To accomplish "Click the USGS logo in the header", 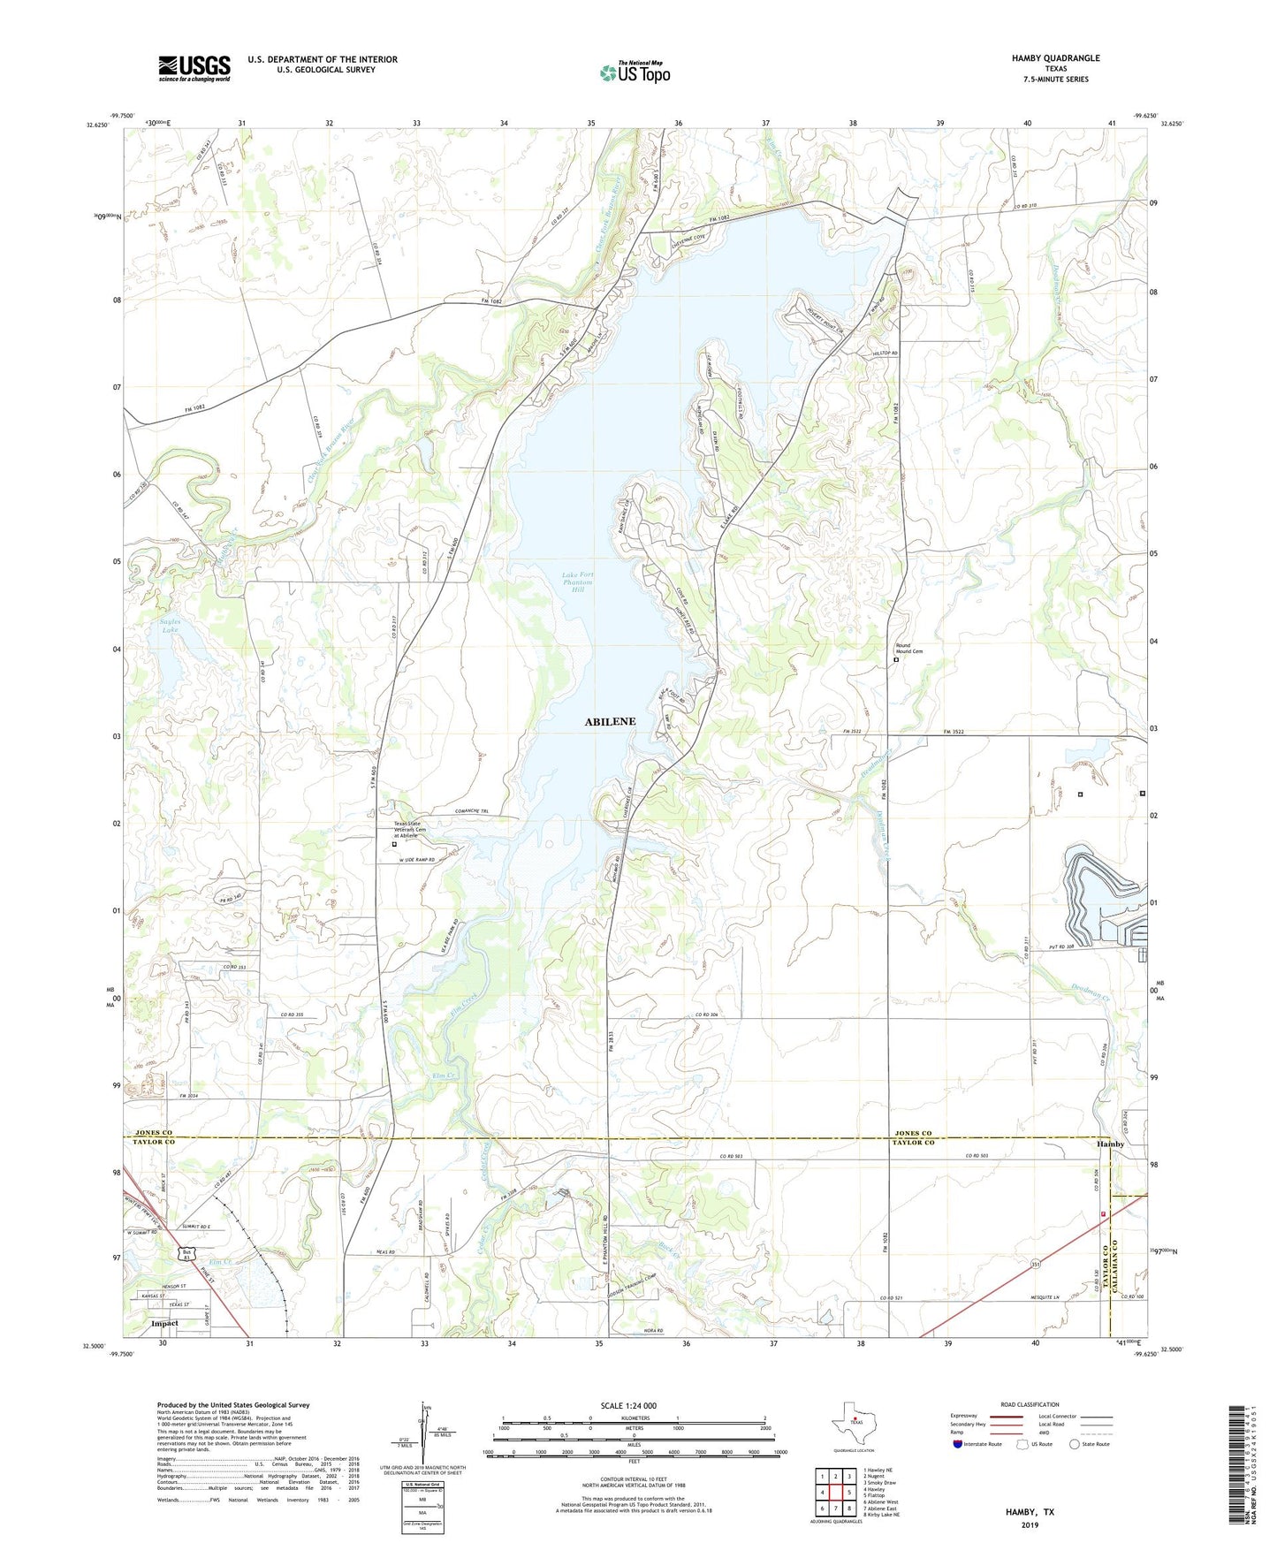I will coord(194,68).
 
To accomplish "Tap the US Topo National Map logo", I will coord(635,72).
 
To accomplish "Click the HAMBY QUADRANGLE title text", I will coord(1055,58).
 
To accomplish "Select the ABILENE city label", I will coord(610,721).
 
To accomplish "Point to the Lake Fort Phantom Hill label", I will coord(578,582).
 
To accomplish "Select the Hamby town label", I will coord(1110,1144).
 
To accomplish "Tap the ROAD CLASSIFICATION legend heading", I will coord(1030,1404).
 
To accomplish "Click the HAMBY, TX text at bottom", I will coord(1030,1512).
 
